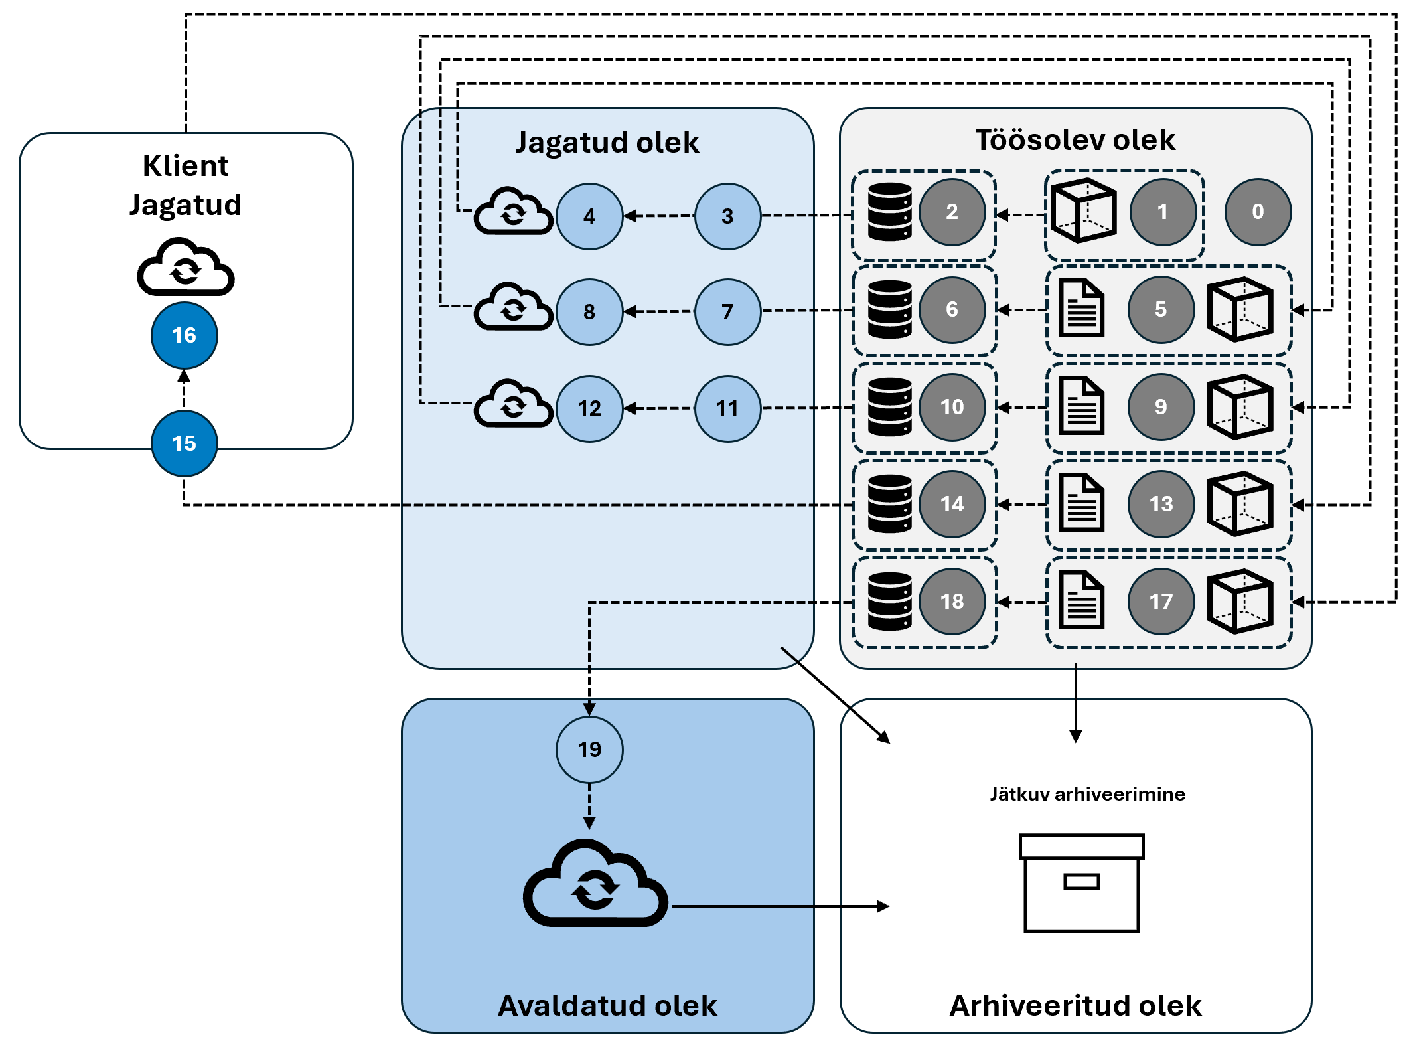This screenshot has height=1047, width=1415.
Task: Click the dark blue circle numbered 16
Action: coord(185,335)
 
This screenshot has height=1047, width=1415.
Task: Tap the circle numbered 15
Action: coord(185,443)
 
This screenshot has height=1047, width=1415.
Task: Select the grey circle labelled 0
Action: coord(1258,212)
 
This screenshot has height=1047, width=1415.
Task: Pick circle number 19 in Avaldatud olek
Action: coord(589,750)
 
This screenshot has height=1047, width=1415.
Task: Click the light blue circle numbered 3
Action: coord(727,216)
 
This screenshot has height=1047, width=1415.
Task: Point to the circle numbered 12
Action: coord(589,408)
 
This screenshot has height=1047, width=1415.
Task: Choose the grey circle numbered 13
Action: coord(1161,504)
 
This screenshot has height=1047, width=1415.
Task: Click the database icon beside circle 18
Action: coord(890,602)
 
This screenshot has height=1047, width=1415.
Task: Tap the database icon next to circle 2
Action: coord(890,212)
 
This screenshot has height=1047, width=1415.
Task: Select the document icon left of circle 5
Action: coord(1082,309)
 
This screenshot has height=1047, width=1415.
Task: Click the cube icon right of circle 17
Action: coord(1240,602)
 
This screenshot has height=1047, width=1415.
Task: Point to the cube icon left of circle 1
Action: coord(1083,211)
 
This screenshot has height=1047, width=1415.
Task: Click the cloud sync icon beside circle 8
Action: coord(513,307)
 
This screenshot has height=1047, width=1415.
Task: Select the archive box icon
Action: coord(1082,883)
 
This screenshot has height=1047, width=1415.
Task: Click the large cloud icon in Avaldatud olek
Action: coord(595,884)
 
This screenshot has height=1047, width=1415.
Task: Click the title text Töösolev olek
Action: coord(1075,140)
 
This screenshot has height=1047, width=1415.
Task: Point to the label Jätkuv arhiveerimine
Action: coord(1087,794)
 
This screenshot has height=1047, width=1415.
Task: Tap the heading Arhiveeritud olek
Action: coord(1075,1006)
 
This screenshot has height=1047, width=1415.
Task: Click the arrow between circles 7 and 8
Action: coord(658,311)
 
